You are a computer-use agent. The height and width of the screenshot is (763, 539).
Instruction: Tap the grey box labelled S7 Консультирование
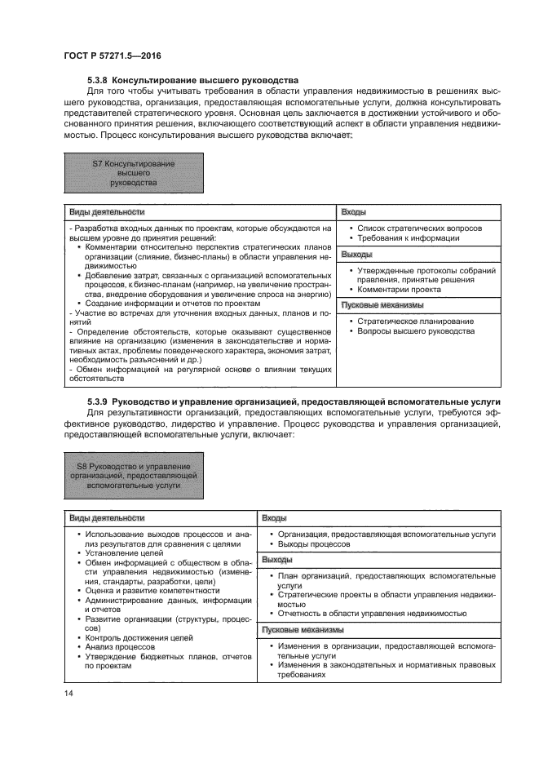coord(133,174)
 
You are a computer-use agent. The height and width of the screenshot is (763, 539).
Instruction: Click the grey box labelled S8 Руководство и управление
coord(133,475)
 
